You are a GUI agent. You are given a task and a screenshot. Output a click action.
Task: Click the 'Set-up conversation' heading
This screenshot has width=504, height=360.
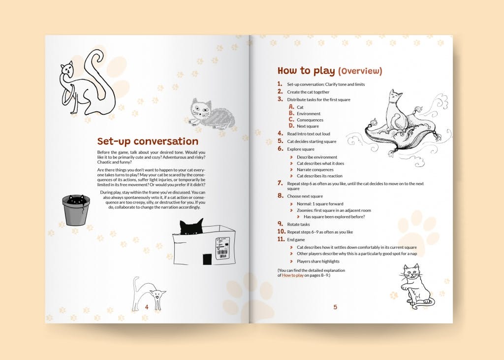[x=147, y=142]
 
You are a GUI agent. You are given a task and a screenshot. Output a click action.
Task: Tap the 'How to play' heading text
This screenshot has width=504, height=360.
[x=306, y=71]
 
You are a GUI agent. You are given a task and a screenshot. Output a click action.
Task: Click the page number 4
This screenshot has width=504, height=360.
[x=147, y=306]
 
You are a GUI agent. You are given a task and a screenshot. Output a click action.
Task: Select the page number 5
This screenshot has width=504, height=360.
[x=335, y=307]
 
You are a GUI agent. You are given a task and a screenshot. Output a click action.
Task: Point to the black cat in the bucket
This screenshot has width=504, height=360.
[x=76, y=200]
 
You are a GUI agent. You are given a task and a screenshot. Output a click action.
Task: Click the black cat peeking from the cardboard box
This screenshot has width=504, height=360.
[x=191, y=227]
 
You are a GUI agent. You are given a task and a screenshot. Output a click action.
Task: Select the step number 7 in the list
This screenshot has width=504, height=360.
[x=280, y=183]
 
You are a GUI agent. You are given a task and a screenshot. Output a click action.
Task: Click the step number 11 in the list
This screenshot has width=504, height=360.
[x=281, y=239]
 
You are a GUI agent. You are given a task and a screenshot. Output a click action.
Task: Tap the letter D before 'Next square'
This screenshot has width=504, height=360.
[x=291, y=126]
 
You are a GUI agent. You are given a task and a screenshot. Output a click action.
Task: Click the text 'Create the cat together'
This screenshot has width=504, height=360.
[x=308, y=92]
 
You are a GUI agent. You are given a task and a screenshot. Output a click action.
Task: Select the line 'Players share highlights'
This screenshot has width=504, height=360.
[x=318, y=261]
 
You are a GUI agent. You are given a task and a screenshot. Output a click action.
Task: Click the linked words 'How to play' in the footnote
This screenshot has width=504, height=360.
[x=293, y=275]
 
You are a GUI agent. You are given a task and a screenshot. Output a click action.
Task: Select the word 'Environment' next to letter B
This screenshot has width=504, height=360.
[x=308, y=113]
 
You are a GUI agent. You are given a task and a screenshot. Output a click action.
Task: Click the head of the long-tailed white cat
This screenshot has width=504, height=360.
[x=67, y=69]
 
